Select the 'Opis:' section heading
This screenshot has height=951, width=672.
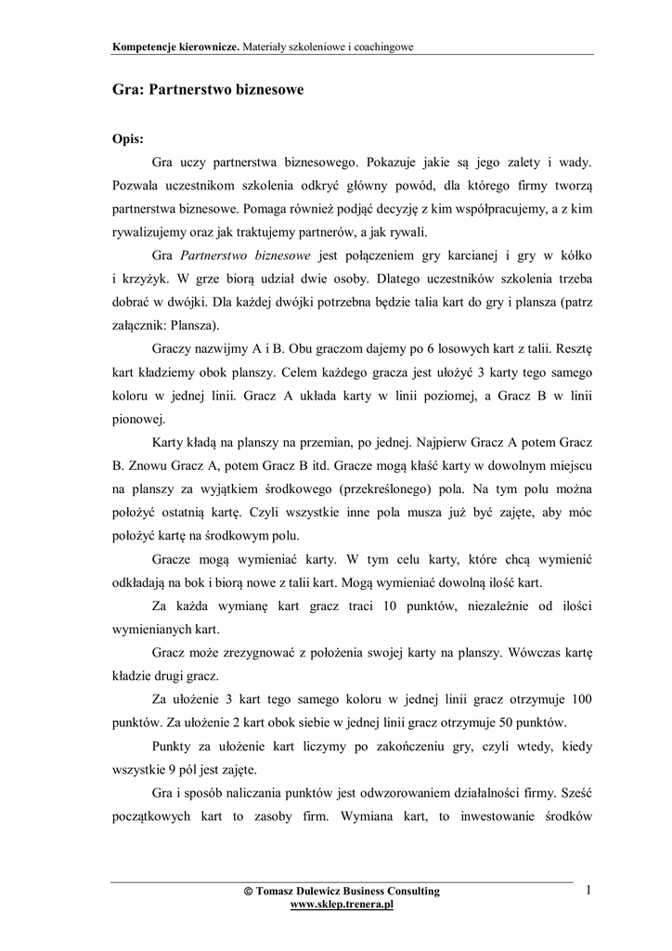tap(127, 138)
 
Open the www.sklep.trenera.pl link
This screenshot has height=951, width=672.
tap(342, 904)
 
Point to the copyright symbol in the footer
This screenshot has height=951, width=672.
tap(247, 892)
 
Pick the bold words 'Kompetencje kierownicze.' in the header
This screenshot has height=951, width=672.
tap(174, 45)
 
